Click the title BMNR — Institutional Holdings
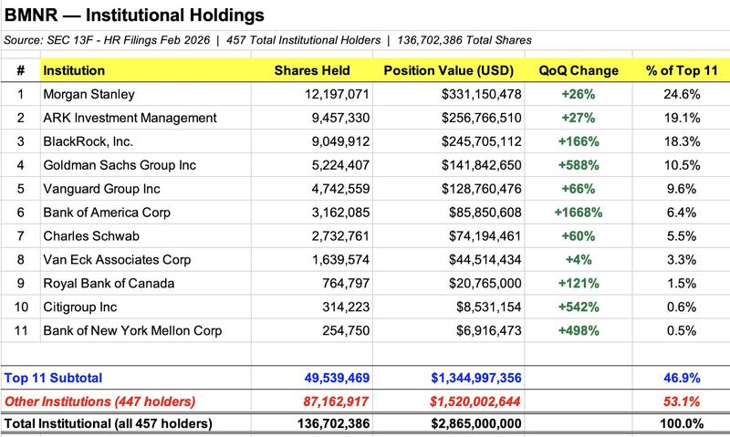[x=136, y=16]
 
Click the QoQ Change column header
[x=579, y=70]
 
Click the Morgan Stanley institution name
[x=89, y=94]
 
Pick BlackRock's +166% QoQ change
[x=579, y=141]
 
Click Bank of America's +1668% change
[x=579, y=212]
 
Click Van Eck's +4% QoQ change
[x=579, y=259]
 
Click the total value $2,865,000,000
[x=466, y=423]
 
